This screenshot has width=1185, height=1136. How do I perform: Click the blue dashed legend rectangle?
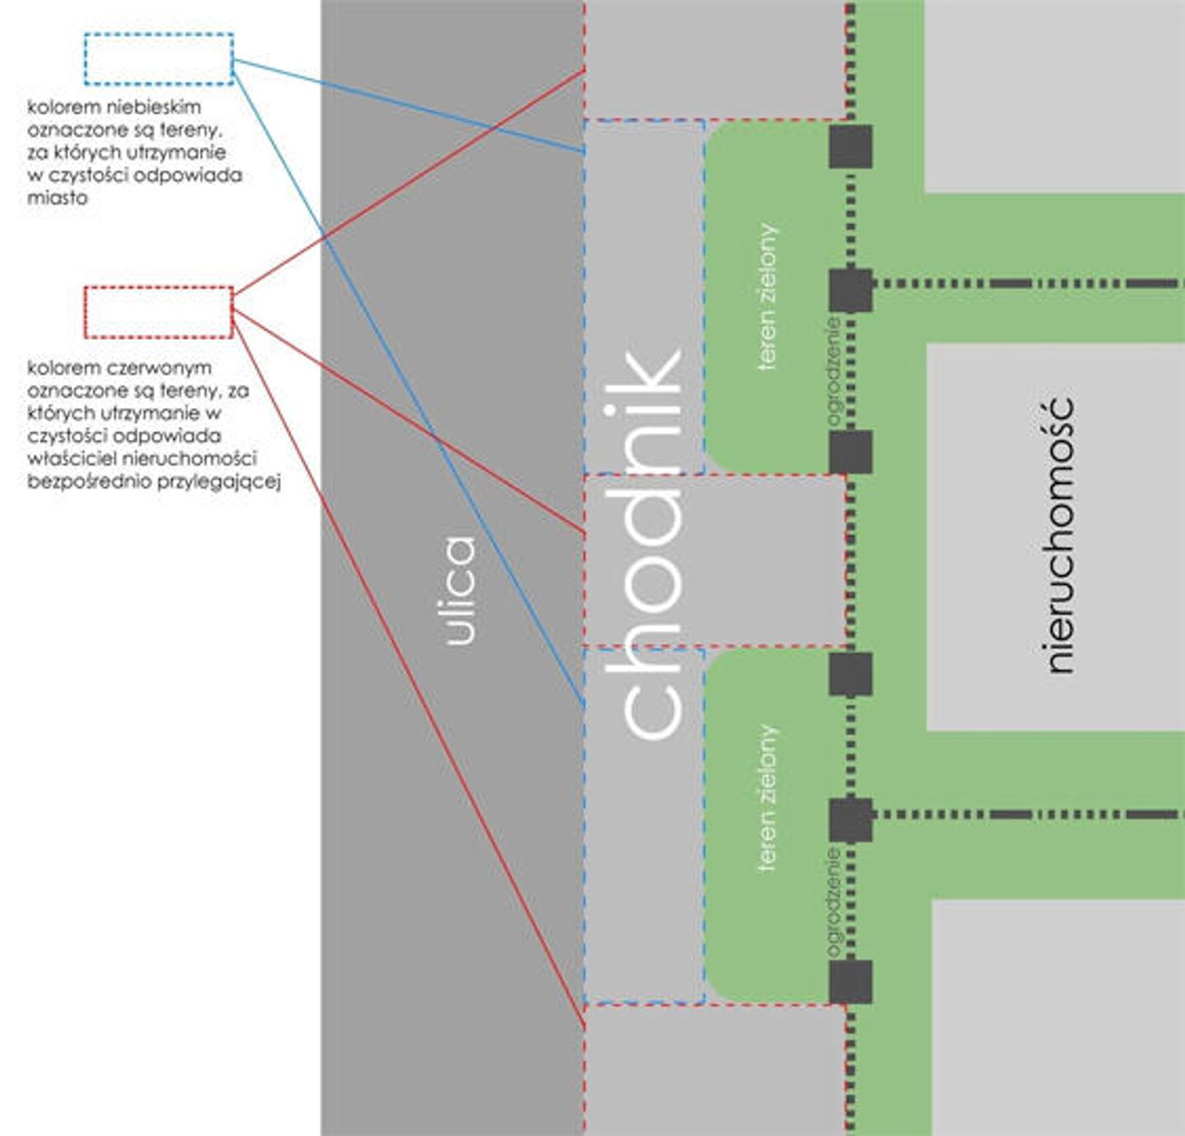pos(159,59)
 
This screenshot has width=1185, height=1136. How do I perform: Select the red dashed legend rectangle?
pos(159,312)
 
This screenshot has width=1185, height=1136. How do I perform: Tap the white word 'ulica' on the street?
pos(461,591)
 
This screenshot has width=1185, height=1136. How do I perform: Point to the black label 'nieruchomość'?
pos(1059,535)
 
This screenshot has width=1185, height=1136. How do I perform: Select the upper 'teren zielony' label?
pos(767,297)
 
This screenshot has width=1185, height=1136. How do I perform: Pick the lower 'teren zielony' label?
pos(767,798)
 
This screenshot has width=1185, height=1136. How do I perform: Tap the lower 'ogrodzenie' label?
pos(833,903)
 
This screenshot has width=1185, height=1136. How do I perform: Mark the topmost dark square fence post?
pos(850,146)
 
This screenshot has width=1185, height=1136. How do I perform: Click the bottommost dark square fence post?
pos(850,982)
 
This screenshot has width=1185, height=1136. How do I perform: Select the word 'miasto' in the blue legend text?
pos(57,197)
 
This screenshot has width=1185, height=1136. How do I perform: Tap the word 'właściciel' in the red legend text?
pos(72,458)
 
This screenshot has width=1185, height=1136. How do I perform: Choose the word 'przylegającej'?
pos(218,482)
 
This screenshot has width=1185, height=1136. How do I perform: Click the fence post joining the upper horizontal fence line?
pos(850,290)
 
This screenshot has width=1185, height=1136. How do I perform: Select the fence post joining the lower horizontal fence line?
pos(850,820)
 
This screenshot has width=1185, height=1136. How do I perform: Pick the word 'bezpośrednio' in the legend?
pos(89,482)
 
